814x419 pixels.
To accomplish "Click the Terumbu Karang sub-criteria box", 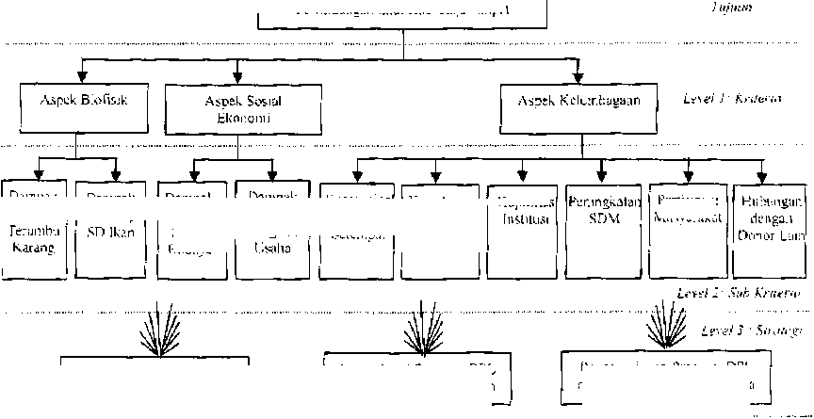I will [x=35, y=228].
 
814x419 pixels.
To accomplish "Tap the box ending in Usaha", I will [x=272, y=228].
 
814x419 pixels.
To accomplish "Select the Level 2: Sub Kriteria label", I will [x=738, y=294].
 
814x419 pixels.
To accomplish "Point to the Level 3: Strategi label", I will [x=750, y=331].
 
